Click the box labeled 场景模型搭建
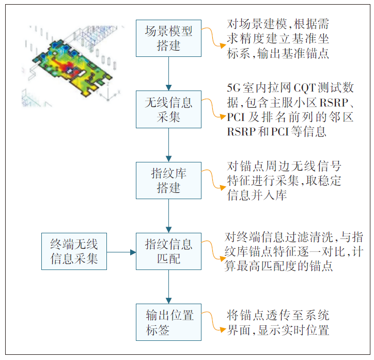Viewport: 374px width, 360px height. (x=168, y=38)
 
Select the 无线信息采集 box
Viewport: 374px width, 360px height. (x=168, y=110)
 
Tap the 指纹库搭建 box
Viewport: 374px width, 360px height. (x=168, y=181)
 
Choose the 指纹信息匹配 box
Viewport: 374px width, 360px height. (x=168, y=251)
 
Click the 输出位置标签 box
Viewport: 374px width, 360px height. (x=168, y=322)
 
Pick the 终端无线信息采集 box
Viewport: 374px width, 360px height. (x=74, y=251)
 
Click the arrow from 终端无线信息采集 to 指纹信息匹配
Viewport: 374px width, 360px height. (x=121, y=252)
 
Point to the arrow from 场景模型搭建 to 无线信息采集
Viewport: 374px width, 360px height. (x=168, y=74)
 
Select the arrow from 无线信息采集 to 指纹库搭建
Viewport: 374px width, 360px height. (x=168, y=145)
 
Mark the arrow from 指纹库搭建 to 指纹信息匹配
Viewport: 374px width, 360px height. (x=168, y=216)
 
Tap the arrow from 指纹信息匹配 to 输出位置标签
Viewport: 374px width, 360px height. (x=168, y=287)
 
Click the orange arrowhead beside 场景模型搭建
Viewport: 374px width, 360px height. (x=223, y=46)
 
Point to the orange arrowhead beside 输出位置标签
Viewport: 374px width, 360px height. (x=223, y=330)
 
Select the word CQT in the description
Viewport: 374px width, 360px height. (x=305, y=88)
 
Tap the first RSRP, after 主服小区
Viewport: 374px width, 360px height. (x=334, y=103)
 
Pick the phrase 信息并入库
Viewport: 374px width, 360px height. (x=257, y=195)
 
